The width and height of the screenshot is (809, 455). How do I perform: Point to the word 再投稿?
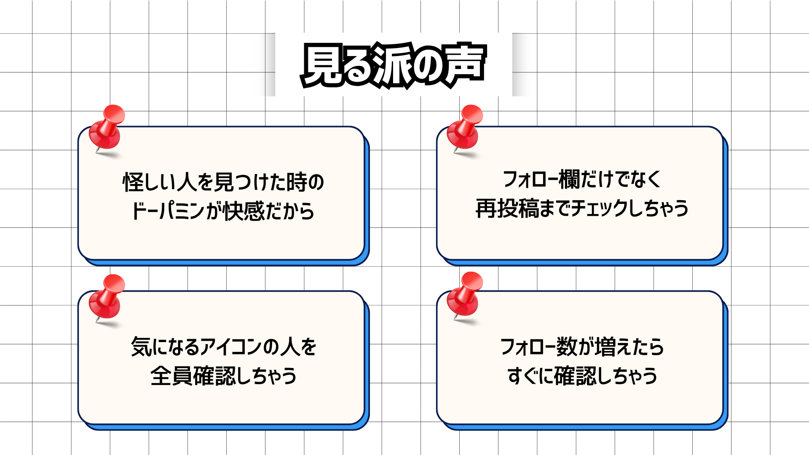click(507, 209)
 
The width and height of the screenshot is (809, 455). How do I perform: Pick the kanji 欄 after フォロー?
click(570, 179)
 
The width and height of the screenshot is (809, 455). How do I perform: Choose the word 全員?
click(171, 376)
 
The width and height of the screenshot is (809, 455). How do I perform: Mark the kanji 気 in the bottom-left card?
click(141, 347)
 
